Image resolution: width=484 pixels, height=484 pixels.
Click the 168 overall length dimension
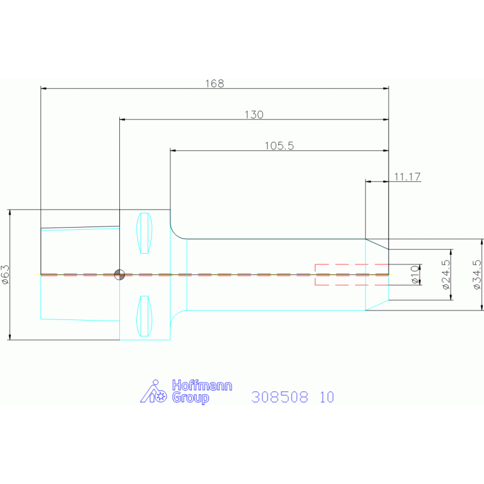215,83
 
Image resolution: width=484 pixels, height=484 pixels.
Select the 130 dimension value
254,114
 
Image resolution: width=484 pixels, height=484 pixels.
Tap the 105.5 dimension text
279,146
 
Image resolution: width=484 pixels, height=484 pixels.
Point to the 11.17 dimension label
407,177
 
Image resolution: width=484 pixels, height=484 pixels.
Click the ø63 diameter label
5,274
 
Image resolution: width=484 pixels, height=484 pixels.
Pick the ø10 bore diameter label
415,274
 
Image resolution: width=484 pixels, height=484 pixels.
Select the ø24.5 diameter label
446,274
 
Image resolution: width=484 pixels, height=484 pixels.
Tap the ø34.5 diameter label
477,274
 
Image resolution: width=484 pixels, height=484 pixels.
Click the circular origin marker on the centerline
119,274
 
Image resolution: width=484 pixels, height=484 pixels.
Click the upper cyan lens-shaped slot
144,233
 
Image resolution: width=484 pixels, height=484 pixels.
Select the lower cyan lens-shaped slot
144,316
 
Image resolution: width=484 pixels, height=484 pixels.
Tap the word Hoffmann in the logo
202,386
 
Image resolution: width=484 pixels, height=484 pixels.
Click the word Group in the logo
191,398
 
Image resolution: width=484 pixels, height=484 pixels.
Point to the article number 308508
280,397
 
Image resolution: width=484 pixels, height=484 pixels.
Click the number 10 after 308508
327,397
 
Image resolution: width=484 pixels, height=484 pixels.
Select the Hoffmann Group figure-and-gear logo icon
153,391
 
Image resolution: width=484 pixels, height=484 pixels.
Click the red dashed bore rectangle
351,264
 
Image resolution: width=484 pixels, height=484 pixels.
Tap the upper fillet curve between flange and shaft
175,233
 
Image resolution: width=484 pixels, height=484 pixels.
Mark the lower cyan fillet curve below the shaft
175,316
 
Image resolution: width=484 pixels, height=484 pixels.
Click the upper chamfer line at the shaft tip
377,244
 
